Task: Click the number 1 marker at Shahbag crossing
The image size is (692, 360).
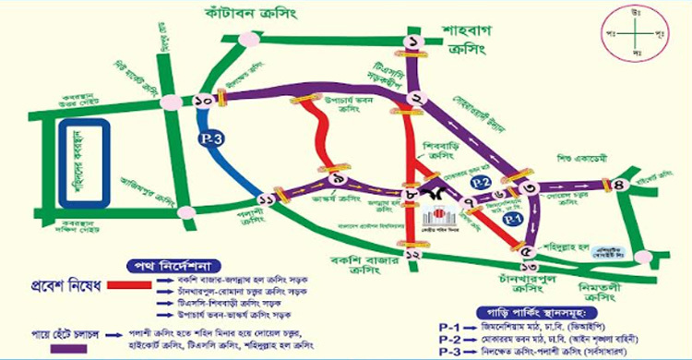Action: tap(412, 42)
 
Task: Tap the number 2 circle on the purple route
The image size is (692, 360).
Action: tap(417, 101)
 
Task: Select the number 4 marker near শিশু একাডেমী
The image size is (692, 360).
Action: tap(618, 185)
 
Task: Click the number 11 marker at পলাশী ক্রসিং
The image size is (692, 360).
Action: tap(268, 199)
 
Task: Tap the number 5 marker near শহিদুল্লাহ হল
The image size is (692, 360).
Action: tap(528, 252)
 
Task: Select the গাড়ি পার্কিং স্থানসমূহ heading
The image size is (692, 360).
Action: tap(533, 311)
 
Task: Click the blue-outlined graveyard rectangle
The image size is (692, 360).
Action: tap(79, 164)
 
